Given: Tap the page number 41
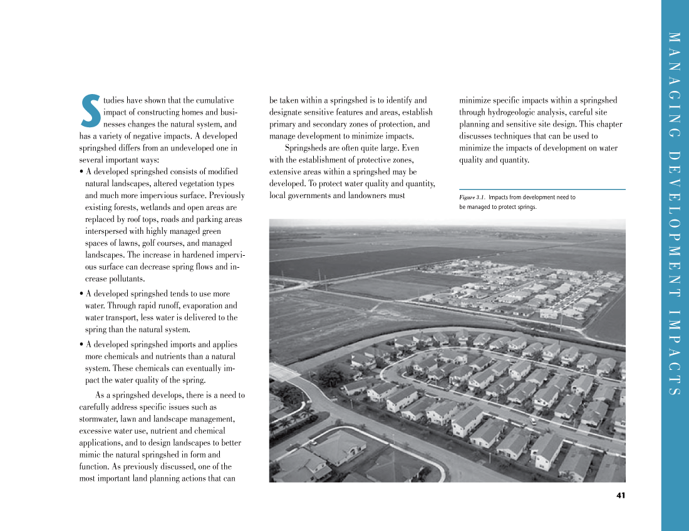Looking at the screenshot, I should click(620, 495).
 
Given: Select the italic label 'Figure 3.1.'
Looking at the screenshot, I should click(472, 197).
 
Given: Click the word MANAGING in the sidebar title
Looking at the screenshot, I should click(675, 85).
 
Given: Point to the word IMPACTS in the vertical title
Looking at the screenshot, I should click(675, 353).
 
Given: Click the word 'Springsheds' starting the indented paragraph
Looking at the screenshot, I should click(304, 148).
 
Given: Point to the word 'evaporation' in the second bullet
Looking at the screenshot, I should click(193, 305).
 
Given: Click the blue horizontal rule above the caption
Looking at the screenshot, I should click(542, 189).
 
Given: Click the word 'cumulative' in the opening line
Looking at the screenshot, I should click(215, 100).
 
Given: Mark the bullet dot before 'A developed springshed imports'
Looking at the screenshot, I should click(82, 345).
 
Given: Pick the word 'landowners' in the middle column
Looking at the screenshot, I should click(369, 196).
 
